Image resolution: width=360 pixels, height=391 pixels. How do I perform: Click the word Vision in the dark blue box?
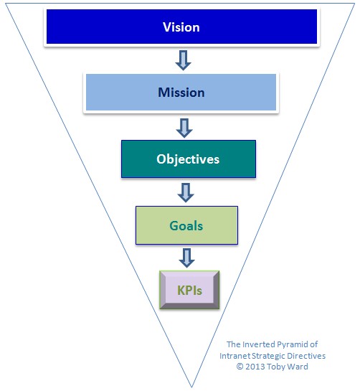tap(181, 27)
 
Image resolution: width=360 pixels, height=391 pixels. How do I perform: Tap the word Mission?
tap(181, 93)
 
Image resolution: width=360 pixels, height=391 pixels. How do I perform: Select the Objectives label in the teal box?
tap(188, 159)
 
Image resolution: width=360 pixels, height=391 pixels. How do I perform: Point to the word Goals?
tap(186, 226)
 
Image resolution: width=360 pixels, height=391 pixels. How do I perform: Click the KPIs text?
tap(189, 291)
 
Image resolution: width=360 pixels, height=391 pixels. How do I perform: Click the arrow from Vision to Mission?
tap(184, 60)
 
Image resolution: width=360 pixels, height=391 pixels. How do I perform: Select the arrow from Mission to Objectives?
tap(184, 128)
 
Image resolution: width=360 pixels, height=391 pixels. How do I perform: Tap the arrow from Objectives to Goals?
tap(186, 193)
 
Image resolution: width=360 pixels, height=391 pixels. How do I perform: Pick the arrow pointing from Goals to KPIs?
tap(186, 258)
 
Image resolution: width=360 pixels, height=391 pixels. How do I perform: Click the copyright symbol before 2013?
tap(240, 367)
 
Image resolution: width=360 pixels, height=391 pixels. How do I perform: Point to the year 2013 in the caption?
tap(255, 367)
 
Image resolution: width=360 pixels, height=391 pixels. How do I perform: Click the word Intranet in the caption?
tap(235, 356)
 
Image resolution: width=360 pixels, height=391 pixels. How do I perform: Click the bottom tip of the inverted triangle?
tap(192, 387)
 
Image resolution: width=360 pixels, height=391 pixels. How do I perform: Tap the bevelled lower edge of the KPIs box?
tap(189, 306)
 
